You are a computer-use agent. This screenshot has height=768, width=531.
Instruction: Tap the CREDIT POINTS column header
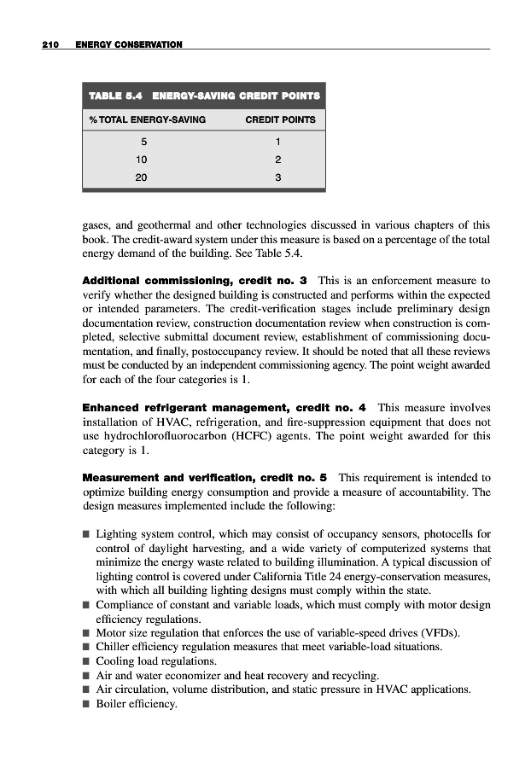pos(280,119)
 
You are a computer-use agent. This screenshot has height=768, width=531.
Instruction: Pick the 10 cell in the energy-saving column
pos(142,159)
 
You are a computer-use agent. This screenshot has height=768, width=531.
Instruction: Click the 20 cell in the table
pos(142,177)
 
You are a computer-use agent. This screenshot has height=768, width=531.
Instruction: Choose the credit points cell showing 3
pos(278,177)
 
